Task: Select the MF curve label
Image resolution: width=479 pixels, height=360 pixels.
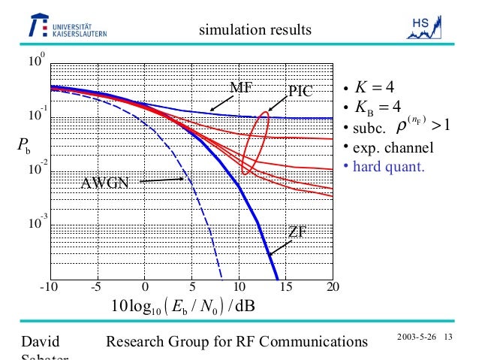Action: point(240,87)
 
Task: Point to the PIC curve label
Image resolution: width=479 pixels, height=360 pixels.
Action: point(300,92)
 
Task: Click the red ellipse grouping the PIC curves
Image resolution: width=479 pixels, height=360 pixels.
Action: point(254,143)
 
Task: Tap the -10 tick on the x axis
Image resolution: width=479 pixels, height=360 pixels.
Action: point(49,286)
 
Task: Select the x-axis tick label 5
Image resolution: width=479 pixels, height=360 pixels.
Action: point(193,286)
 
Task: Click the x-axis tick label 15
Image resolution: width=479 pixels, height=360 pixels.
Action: point(286,286)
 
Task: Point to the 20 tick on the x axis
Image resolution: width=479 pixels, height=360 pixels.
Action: point(333,286)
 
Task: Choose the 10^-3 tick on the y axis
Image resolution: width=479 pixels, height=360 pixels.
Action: point(35,223)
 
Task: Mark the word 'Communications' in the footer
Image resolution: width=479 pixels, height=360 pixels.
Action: point(311,343)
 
